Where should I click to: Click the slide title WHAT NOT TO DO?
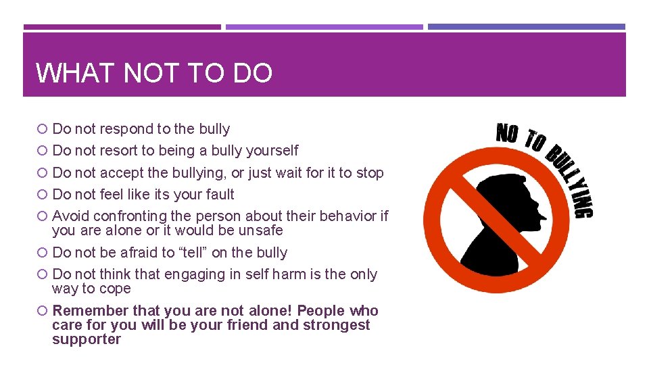pyautogui.click(x=154, y=73)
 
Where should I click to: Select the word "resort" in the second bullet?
pyautogui.click(x=119, y=151)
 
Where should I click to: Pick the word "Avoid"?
pyautogui.click(x=70, y=216)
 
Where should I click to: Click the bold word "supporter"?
pyautogui.click(x=87, y=339)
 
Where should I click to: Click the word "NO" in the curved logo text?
pyautogui.click(x=507, y=132)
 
